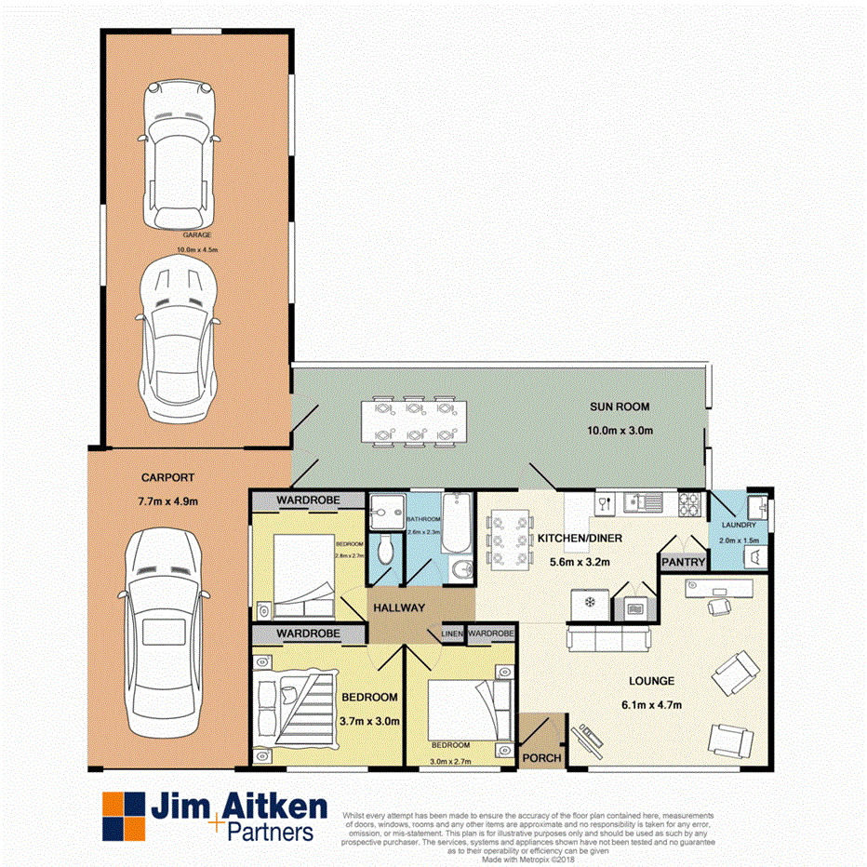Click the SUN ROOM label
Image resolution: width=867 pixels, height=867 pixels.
coord(619,407)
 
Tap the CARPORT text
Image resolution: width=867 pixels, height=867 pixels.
coord(167,477)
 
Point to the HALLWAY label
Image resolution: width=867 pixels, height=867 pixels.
coord(399,607)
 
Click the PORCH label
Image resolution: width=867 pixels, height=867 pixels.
coord(541,758)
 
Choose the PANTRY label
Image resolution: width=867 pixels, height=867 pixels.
coord(683,562)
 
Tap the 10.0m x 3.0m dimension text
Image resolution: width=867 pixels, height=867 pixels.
coord(620,431)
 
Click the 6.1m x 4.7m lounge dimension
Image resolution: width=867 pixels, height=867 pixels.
coord(652,705)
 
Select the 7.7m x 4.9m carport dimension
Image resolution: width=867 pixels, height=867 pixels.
coord(168,501)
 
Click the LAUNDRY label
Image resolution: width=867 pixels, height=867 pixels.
coord(739,526)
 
